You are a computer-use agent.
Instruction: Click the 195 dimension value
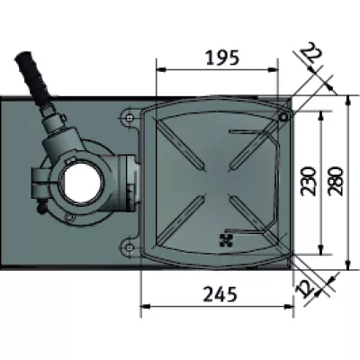pyautogui.click(x=222, y=58)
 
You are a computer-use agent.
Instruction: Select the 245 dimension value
pyautogui.click(x=220, y=293)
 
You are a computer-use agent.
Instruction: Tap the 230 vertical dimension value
pyautogui.click(x=309, y=182)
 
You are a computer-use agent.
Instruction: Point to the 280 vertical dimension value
pyautogui.click(x=335, y=182)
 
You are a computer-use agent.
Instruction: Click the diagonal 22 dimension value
pyautogui.click(x=311, y=53)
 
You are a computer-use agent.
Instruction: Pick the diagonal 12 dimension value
pyautogui.click(x=304, y=289)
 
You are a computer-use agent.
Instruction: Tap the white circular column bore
pyautogui.click(x=82, y=183)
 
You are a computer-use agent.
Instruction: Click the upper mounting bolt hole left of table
pyautogui.click(x=130, y=117)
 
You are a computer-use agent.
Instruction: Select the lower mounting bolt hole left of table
pyautogui.click(x=130, y=247)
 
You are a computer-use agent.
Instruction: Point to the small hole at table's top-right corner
pyautogui.click(x=283, y=117)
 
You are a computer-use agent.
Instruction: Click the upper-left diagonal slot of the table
pyautogui.click(x=181, y=144)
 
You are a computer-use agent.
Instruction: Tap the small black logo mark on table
pyautogui.click(x=226, y=240)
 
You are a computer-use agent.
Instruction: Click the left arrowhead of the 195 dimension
pyautogui.click(x=161, y=69)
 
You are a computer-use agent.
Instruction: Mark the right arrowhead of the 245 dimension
pyautogui.click(x=289, y=306)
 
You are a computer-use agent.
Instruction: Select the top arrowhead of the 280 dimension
pyautogui.click(x=347, y=101)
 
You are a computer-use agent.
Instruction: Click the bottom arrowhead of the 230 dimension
pyautogui.click(x=321, y=249)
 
